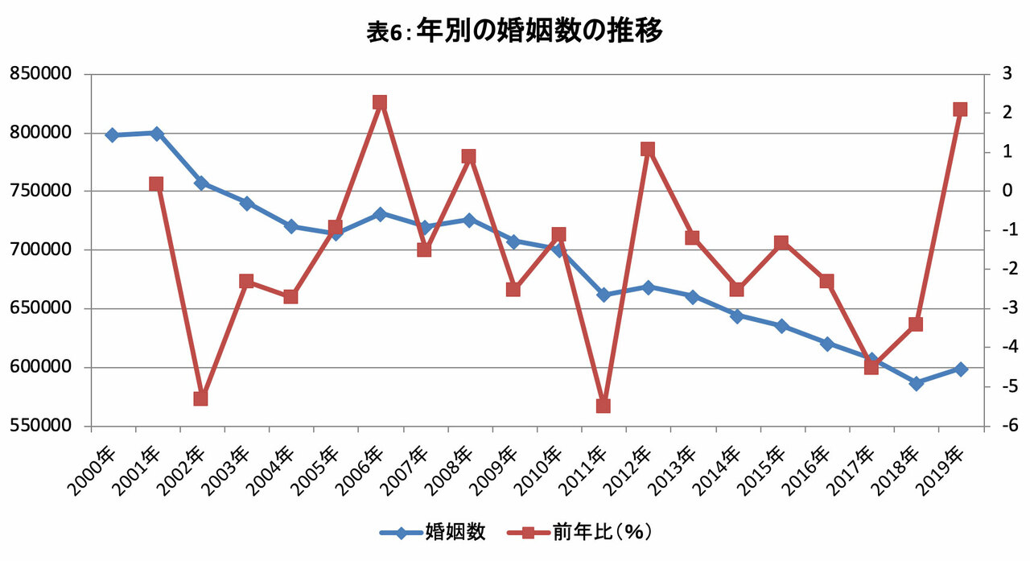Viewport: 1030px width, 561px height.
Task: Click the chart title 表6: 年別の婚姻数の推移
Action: click(x=514, y=31)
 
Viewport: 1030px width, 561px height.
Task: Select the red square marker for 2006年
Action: click(x=380, y=102)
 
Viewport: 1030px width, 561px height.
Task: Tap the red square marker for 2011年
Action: click(x=604, y=406)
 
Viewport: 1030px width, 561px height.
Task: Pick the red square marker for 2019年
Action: click(x=960, y=109)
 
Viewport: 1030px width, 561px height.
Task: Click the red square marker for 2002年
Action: click(x=201, y=398)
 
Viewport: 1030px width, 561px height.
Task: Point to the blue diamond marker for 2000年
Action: click(x=112, y=135)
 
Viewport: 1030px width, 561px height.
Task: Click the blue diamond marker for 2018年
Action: click(x=916, y=383)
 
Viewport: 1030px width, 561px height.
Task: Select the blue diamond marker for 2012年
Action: click(x=648, y=288)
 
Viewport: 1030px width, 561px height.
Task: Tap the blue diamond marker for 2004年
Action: click(x=290, y=226)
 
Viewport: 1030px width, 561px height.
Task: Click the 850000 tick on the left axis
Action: click(x=41, y=73)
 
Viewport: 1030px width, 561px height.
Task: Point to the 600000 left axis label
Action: click(x=41, y=367)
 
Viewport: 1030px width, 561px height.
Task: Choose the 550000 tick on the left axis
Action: click(x=41, y=426)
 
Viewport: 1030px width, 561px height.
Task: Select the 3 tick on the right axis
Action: click(x=1007, y=73)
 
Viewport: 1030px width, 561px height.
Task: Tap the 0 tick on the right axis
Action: click(x=1007, y=191)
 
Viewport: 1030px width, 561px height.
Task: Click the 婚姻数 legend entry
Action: click(x=433, y=533)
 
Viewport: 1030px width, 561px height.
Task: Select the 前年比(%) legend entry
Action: click(x=580, y=533)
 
